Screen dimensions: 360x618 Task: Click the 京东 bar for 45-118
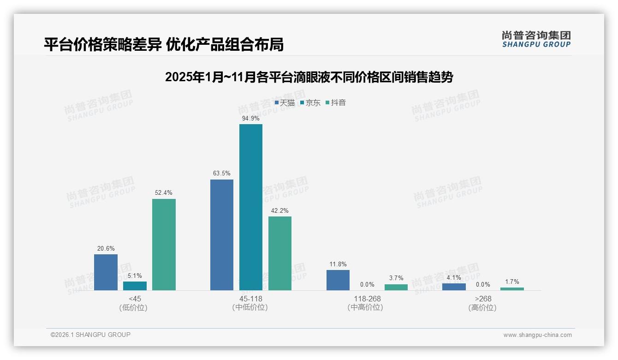pyautogui.click(x=250, y=207)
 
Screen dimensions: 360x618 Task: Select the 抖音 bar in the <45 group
pyautogui.click(x=164, y=245)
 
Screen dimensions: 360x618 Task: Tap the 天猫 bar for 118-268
pyautogui.click(x=338, y=280)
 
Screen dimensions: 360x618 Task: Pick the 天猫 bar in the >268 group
pyautogui.click(x=454, y=287)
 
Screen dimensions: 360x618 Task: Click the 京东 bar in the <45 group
pyautogui.click(x=135, y=286)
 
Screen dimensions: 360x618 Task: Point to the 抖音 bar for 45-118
pyautogui.click(x=279, y=253)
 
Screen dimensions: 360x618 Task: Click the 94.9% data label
pyautogui.click(x=251, y=118)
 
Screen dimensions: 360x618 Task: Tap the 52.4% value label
pyautogui.click(x=164, y=193)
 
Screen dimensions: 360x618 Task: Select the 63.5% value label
pyautogui.click(x=222, y=174)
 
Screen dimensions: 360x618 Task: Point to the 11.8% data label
pyautogui.click(x=338, y=264)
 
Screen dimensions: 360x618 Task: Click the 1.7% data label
pyautogui.click(x=512, y=282)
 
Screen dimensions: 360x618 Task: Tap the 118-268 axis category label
pyautogui.click(x=367, y=303)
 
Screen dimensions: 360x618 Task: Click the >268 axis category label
pyautogui.click(x=483, y=303)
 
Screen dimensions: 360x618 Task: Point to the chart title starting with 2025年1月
pyautogui.click(x=309, y=77)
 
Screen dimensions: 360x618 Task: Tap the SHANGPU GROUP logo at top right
pyautogui.click(x=536, y=39)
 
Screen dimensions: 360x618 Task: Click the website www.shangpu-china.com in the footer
pyautogui.click(x=537, y=335)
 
